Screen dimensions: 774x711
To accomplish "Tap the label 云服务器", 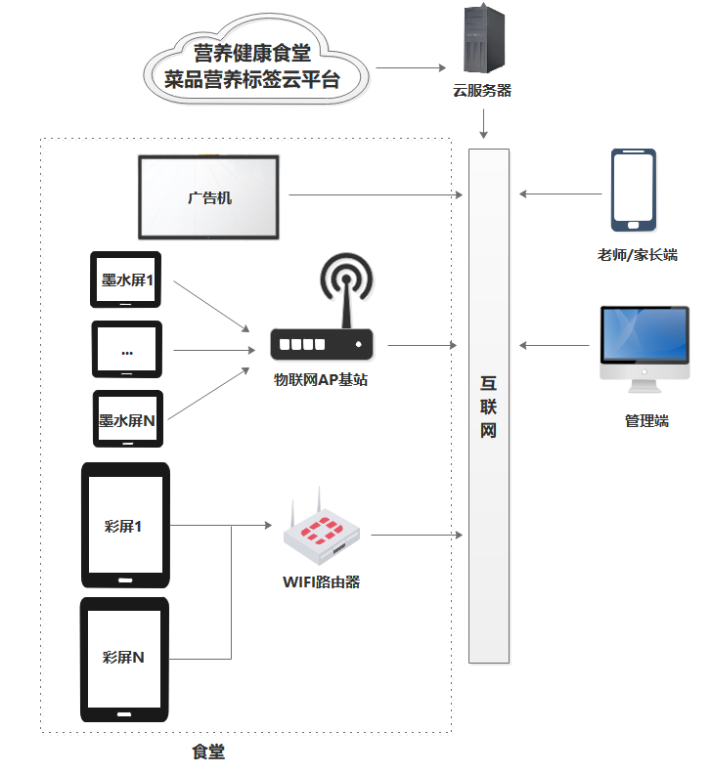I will (x=482, y=91).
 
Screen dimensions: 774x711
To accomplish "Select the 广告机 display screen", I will (x=210, y=196).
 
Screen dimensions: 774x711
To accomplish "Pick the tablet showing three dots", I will (x=126, y=349).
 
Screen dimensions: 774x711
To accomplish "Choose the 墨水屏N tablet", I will (x=126, y=419).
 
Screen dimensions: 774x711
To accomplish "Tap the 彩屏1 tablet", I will (x=125, y=526).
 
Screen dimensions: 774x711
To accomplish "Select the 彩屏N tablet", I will (x=124, y=660).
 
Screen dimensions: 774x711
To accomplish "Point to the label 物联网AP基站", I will (x=321, y=380).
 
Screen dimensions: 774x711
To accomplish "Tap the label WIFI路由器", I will (x=321, y=582).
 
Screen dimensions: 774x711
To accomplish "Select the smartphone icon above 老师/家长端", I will (x=633, y=191).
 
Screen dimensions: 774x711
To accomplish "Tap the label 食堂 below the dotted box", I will (x=208, y=752).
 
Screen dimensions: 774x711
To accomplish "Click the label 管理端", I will (x=646, y=421).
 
